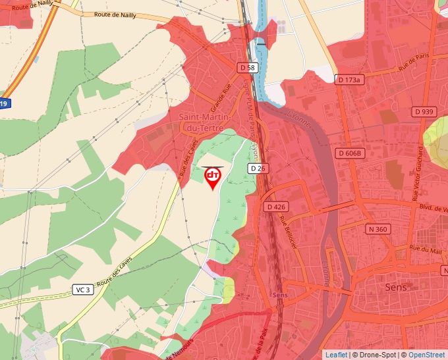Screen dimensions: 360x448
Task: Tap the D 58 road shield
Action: (247, 68)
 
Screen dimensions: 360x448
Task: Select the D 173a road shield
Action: (349, 80)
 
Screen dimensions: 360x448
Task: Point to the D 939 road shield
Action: (424, 112)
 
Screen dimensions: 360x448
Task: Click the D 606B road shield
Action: (349, 153)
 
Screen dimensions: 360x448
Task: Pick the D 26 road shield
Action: (258, 169)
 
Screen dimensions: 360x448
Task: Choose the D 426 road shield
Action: (277, 207)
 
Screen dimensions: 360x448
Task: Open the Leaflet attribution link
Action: (335, 355)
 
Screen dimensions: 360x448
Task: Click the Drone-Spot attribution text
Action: (374, 355)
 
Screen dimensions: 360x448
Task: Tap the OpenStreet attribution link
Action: (428, 355)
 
